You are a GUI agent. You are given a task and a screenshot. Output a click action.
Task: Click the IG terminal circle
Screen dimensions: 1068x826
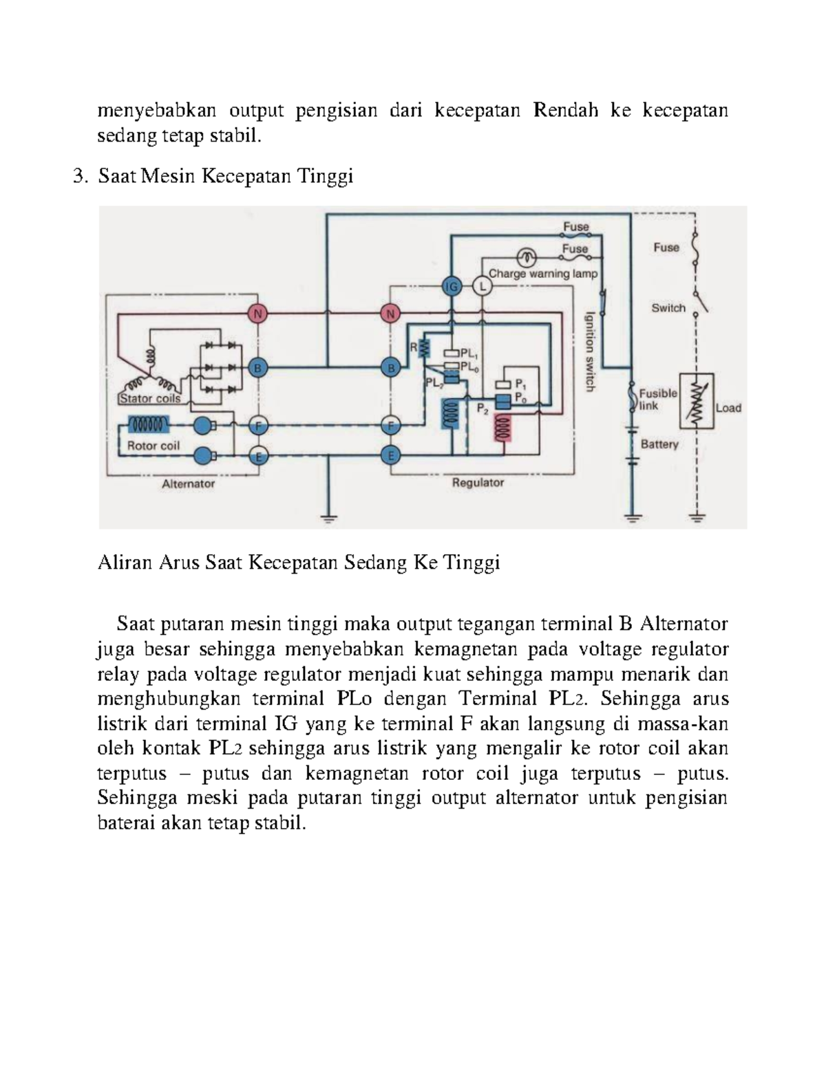(x=452, y=287)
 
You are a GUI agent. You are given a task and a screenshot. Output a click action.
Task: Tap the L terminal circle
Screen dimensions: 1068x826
(x=481, y=287)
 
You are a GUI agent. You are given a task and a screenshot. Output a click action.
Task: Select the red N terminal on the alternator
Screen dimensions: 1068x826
(x=257, y=314)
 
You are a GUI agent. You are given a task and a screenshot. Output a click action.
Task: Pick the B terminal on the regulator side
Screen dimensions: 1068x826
(x=391, y=368)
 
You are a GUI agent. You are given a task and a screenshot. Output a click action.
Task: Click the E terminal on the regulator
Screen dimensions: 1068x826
(x=391, y=455)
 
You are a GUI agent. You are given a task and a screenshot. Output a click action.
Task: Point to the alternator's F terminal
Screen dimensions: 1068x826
(x=258, y=426)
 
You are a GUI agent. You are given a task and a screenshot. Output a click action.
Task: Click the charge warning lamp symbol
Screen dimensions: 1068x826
(x=528, y=258)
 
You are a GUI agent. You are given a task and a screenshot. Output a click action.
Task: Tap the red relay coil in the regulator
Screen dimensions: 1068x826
(x=502, y=430)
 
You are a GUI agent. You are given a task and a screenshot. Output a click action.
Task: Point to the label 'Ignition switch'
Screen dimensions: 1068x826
(x=590, y=351)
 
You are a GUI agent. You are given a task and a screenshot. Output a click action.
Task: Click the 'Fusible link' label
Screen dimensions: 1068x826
(x=658, y=400)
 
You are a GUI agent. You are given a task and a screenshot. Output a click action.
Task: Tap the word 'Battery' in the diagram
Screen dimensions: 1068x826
(x=659, y=444)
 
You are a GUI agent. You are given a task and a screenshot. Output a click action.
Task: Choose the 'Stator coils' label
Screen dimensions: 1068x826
(x=150, y=398)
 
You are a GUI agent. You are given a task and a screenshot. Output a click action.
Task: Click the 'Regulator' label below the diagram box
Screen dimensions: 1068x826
(x=478, y=483)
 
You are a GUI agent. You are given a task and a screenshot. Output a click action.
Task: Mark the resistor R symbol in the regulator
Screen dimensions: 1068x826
(x=424, y=350)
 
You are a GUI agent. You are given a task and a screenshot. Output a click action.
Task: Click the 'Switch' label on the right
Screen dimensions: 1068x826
(x=668, y=308)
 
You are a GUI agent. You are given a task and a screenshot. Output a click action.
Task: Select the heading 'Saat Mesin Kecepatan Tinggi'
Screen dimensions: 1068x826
(x=225, y=177)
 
